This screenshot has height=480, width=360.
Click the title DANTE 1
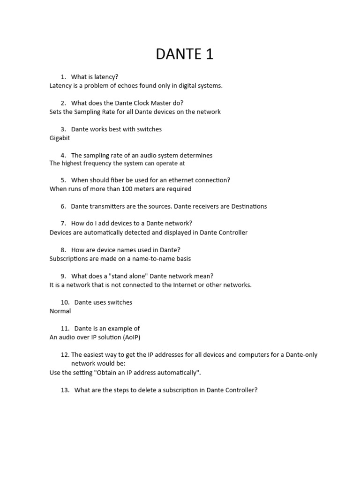pyautogui.click(x=184, y=54)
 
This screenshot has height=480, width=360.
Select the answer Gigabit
pyautogui.click(x=60, y=138)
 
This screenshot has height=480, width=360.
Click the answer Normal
pyautogui.click(x=60, y=311)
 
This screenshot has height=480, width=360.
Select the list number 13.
pyautogui.click(x=65, y=390)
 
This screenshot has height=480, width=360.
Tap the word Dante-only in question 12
pyautogui.click(x=300, y=355)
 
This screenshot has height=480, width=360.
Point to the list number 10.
pyautogui.click(x=65, y=302)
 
